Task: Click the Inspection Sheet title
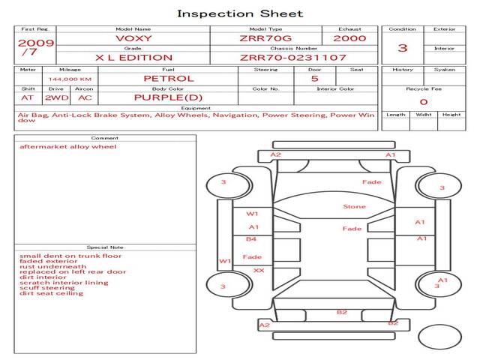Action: click(240, 13)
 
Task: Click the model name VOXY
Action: click(133, 38)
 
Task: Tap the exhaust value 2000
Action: click(349, 38)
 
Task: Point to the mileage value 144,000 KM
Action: click(70, 79)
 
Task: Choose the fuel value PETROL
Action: click(169, 78)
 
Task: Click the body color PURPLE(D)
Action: click(168, 97)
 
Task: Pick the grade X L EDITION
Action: click(133, 57)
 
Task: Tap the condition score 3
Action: click(403, 48)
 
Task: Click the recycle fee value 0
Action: click(423, 102)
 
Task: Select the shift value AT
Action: click(28, 97)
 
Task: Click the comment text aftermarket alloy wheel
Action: click(68, 147)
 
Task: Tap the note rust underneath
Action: click(53, 266)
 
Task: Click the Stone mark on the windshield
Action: click(354, 207)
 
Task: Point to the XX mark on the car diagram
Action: click(259, 270)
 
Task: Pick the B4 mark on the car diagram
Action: click(252, 239)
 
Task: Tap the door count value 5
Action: click(314, 78)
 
